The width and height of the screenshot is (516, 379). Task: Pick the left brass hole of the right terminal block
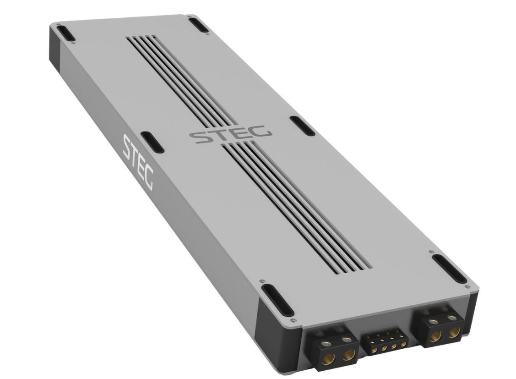436,336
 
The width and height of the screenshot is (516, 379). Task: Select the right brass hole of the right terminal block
454,331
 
